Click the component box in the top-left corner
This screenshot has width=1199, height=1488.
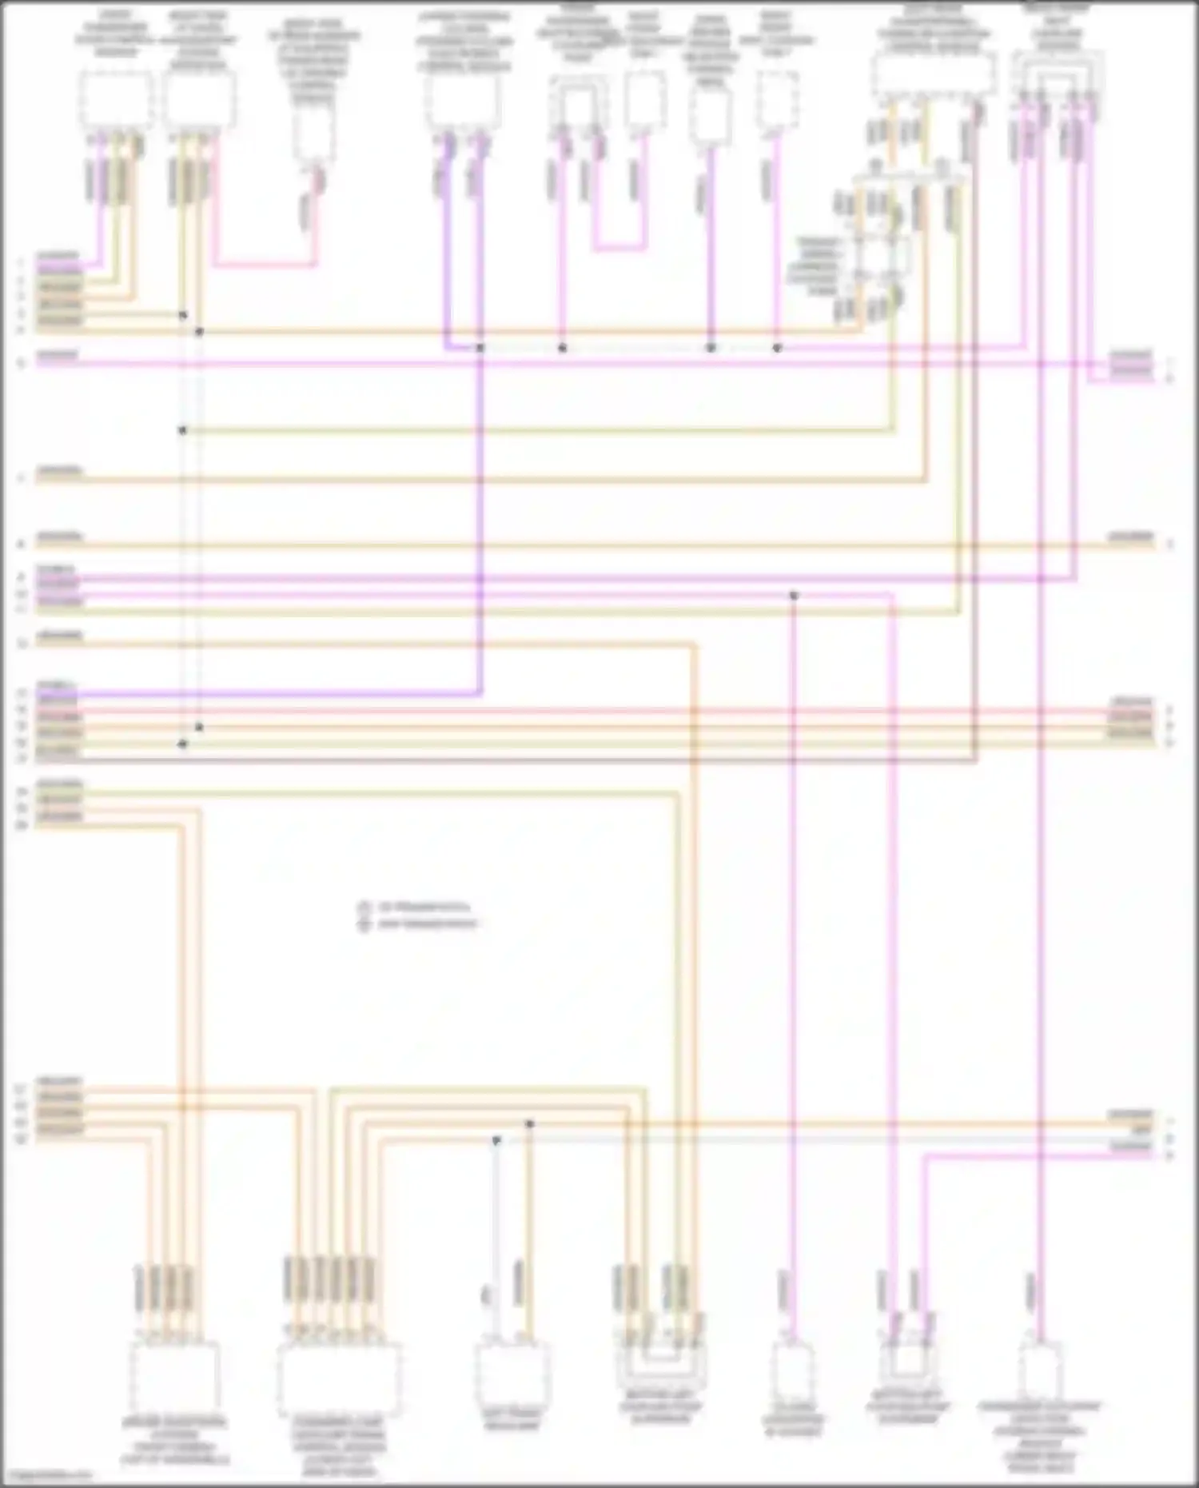pyautogui.click(x=116, y=101)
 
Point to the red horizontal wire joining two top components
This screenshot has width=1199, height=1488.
pyautogui.click(x=264, y=263)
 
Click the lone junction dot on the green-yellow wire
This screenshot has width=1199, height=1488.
pyautogui.click(x=182, y=430)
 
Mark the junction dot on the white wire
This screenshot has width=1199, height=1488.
pyautogui.click(x=496, y=1140)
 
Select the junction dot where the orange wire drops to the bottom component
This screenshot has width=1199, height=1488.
pyautogui.click(x=529, y=1124)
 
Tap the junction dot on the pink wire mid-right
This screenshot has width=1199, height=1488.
pyautogui.click(x=794, y=596)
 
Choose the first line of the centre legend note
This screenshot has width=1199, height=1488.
pyautogui.click(x=416, y=908)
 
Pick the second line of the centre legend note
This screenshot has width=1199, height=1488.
pyautogui.click(x=419, y=924)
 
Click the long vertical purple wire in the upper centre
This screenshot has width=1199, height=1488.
pyautogui.click(x=480, y=520)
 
